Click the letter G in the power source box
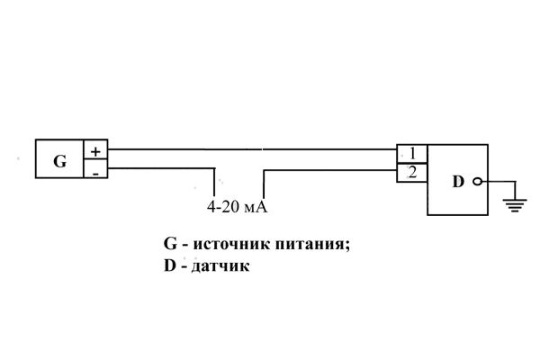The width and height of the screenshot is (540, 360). pos(59,162)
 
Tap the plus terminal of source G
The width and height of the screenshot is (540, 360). pos(95,151)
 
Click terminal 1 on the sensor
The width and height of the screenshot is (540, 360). pos(411,152)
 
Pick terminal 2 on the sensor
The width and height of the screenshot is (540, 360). pos(411,171)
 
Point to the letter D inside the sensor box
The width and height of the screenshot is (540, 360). pos(458,182)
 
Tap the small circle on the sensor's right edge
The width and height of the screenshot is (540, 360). pos(477,182)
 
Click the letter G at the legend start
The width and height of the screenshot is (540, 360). pos(169,244)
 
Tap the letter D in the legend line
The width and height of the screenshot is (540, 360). pos(169,267)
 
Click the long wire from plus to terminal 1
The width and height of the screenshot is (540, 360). pos(252,150)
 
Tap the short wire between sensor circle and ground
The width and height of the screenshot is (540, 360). pos(497,182)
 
